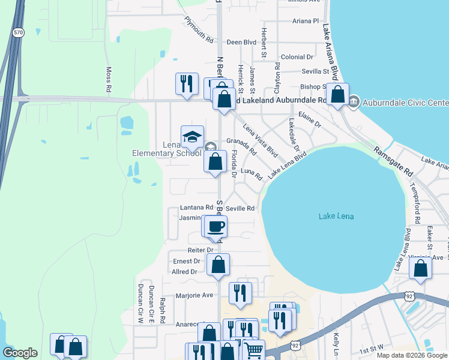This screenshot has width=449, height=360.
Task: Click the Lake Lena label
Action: (x=336, y=216)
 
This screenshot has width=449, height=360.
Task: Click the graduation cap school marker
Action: (x=193, y=137)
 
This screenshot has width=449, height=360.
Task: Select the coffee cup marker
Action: (x=216, y=227)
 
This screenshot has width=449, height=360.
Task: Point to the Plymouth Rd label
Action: (x=199, y=29)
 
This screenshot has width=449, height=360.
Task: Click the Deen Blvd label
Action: (x=241, y=43)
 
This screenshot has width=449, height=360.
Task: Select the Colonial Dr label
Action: (x=297, y=57)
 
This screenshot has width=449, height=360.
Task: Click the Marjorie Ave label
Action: (x=194, y=295)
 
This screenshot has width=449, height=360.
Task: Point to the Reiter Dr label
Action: (x=201, y=250)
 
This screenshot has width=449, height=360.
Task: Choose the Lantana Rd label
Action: (x=196, y=208)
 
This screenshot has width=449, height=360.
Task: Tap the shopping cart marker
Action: (x=253, y=350)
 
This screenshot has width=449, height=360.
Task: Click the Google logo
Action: (x=20, y=353)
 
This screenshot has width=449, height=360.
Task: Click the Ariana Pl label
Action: (x=306, y=20)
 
